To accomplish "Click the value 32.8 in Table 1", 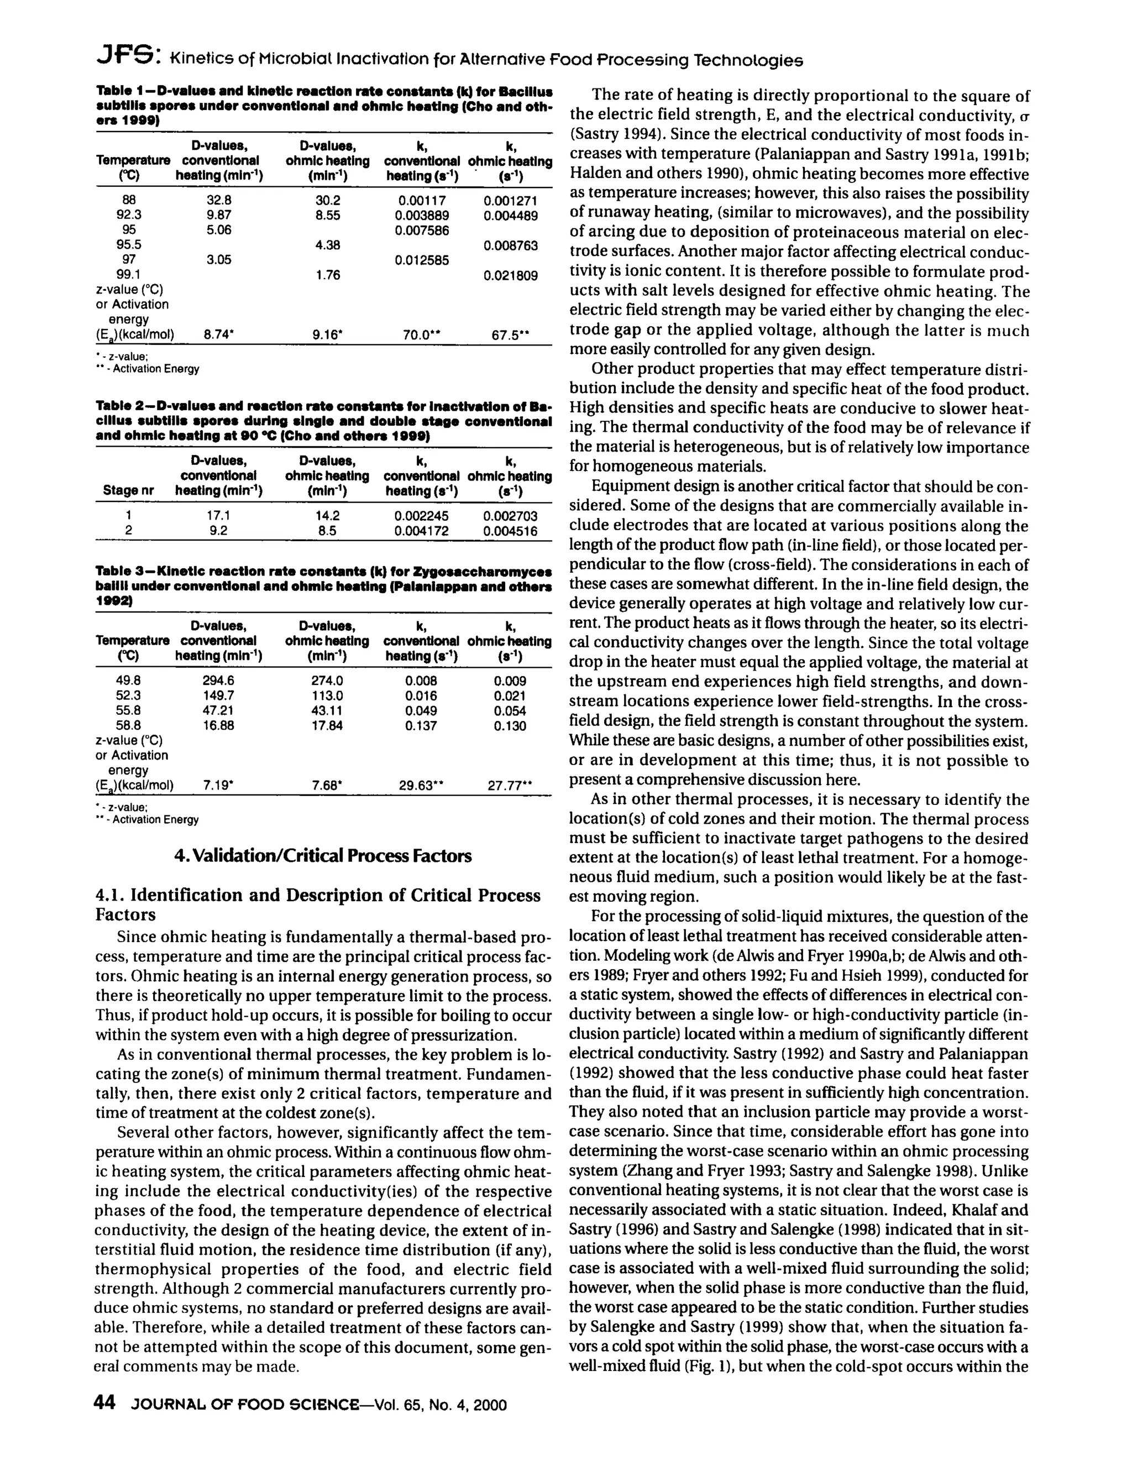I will [219, 200].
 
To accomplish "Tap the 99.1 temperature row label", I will [129, 274].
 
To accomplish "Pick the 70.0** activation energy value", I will [420, 334].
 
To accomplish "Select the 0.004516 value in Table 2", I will [510, 531].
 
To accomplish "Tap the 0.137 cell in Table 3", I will [421, 725].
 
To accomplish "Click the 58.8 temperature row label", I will [129, 725].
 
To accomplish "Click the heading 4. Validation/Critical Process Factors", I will [323, 856].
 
